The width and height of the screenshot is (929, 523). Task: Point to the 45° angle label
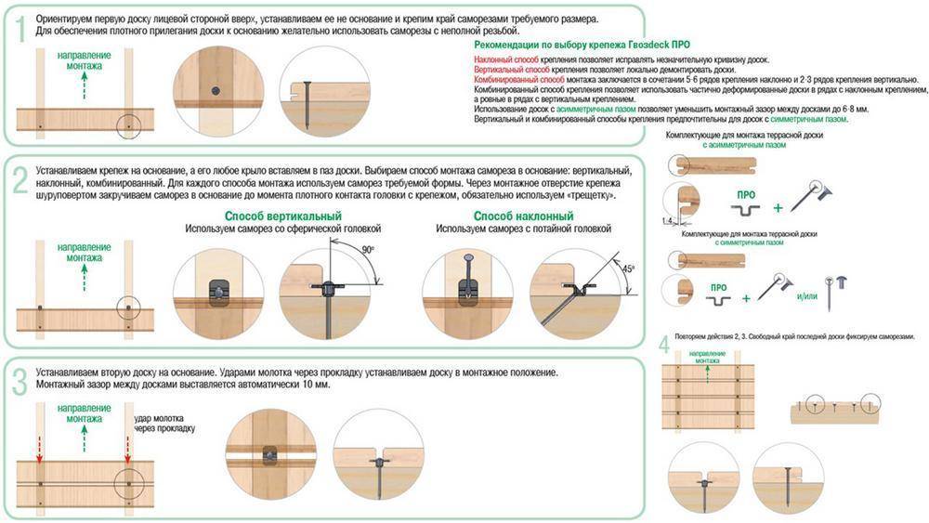pyautogui.click(x=628, y=268)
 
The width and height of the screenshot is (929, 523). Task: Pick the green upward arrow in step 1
pyautogui.click(x=85, y=86)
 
